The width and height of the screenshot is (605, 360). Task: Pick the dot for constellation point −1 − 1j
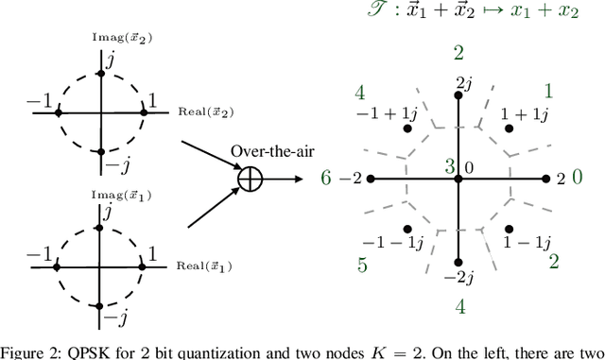pyautogui.click(x=408, y=228)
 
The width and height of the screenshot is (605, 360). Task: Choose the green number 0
pyautogui.click(x=579, y=178)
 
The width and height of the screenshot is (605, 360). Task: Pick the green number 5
pyautogui.click(x=362, y=266)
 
